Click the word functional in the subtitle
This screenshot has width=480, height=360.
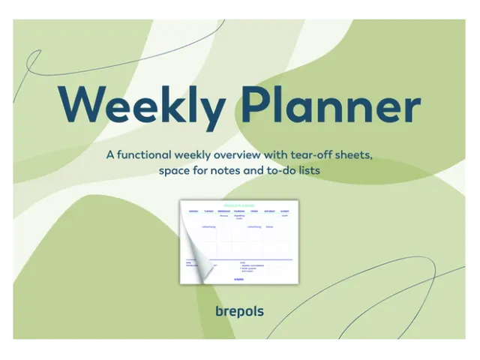pos(143,155)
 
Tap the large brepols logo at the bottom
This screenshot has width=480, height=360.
pos(238,310)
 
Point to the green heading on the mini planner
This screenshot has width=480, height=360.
pos(238,204)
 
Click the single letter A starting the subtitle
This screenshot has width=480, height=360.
pos(110,155)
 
